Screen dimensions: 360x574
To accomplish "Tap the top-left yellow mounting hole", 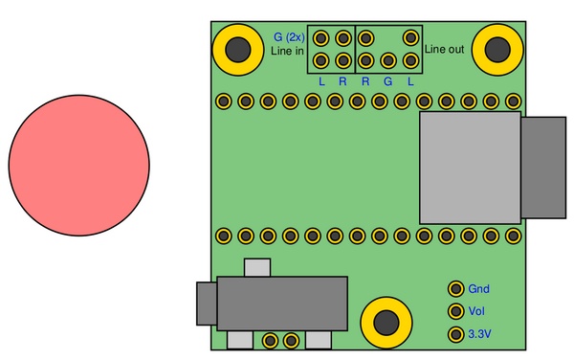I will [x=238, y=49].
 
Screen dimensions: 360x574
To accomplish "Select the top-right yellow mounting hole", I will [x=498, y=49].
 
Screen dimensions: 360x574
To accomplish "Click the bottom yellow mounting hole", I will [x=386, y=320].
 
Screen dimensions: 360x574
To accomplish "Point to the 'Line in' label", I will [x=287, y=50].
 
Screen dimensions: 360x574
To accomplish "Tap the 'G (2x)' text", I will [x=288, y=36].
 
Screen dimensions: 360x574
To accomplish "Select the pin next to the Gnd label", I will [x=455, y=288].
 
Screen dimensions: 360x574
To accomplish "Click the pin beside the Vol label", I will [x=455, y=311].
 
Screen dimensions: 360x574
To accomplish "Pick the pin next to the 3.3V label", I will [x=455, y=334].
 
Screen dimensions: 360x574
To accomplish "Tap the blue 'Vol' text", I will [x=477, y=312].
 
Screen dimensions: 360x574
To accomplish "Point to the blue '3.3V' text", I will [x=479, y=335].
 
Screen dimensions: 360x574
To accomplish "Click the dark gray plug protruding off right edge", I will [x=543, y=167].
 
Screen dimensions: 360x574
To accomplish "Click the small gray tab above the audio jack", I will [x=257, y=267].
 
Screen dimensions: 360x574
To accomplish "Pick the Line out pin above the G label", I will [x=388, y=60].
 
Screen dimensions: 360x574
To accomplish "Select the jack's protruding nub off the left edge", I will [x=206, y=304].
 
